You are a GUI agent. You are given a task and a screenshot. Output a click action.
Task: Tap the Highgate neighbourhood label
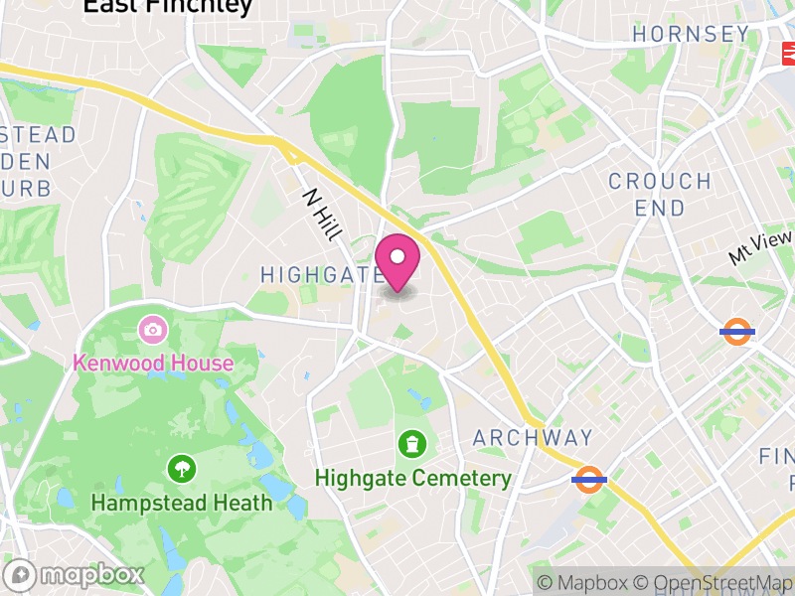pyautogui.click(x=321, y=274)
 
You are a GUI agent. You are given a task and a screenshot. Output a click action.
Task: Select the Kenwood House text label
pyautogui.click(x=153, y=363)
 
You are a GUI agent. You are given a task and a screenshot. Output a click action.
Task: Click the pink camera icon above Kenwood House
pyautogui.click(x=153, y=328)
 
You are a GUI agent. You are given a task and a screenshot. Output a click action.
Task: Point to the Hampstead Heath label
pyautogui.click(x=181, y=503)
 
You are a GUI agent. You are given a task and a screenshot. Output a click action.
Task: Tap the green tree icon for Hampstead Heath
pyautogui.click(x=181, y=468)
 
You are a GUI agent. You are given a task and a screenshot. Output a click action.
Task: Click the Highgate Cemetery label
pyautogui.click(x=412, y=478)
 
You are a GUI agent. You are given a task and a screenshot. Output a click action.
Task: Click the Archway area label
pyautogui.click(x=533, y=438)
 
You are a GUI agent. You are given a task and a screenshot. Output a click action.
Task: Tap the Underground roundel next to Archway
pyautogui.click(x=589, y=481)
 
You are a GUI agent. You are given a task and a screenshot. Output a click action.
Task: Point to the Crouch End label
pyautogui.click(x=660, y=195)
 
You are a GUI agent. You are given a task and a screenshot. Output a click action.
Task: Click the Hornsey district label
pyautogui.click(x=691, y=34)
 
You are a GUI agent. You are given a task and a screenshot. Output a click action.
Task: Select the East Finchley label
pyautogui.click(x=167, y=6)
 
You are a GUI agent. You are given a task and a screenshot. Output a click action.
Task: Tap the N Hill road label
pyautogui.click(x=323, y=214)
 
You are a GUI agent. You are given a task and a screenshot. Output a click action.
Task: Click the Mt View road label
pyautogui.click(x=760, y=246)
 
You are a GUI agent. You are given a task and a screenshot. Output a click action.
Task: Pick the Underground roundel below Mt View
pyautogui.click(x=737, y=331)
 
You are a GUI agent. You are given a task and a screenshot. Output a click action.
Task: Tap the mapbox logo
pyautogui.click(x=76, y=574)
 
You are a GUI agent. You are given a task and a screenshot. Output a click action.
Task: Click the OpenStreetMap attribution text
pyautogui.click(x=715, y=583)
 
